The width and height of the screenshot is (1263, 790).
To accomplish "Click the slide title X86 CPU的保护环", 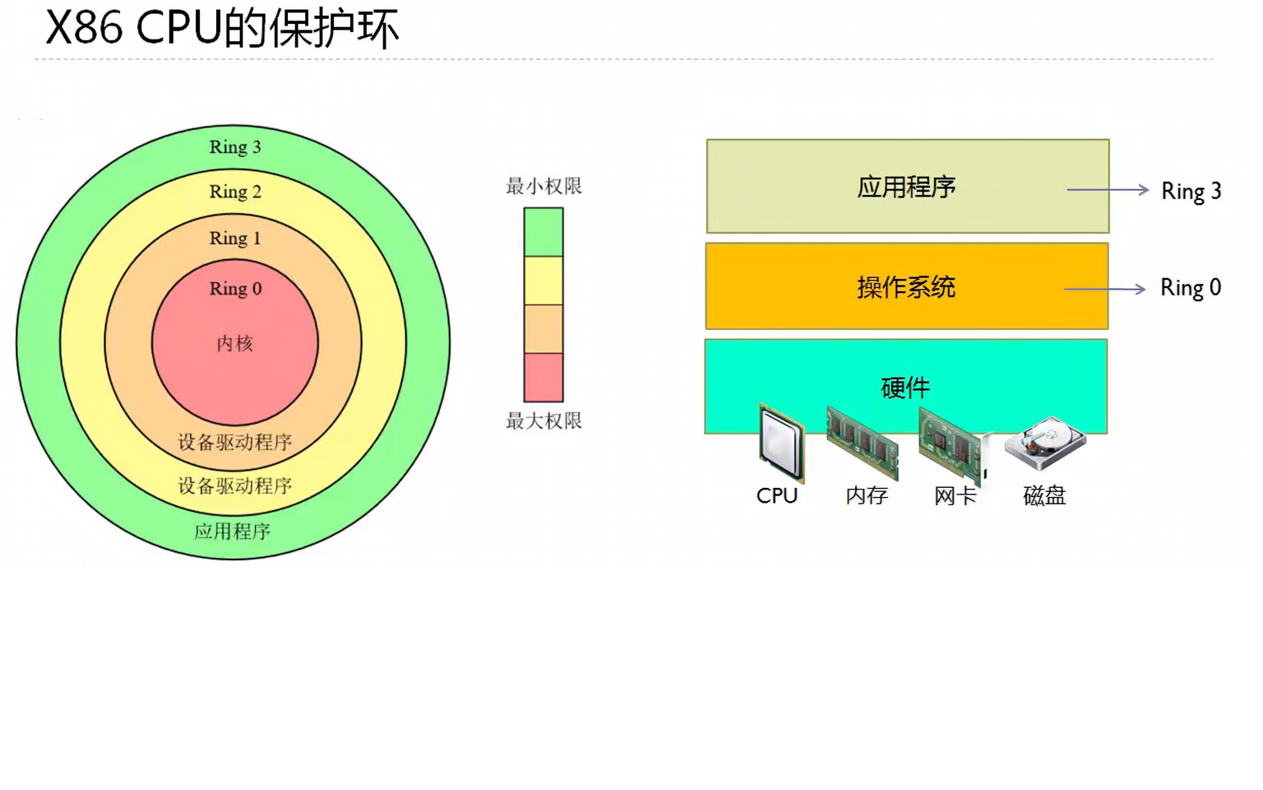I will [222, 28].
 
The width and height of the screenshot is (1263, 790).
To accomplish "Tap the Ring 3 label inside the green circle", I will [235, 147].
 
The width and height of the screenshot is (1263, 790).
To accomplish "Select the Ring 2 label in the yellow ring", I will [235, 192].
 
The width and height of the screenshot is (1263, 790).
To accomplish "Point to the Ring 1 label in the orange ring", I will [235, 239].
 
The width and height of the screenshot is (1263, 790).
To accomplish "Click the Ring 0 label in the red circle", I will [235, 289].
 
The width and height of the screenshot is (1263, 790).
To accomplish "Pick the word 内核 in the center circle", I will [235, 344].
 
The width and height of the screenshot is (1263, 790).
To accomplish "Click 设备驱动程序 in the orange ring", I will [235, 443].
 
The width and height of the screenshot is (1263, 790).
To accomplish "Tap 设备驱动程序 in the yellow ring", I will [235, 486].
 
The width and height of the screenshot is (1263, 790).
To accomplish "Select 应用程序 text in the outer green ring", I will [233, 532].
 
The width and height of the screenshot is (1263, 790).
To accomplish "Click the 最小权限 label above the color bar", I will [544, 187].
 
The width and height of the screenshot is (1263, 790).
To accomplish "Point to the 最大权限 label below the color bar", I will [544, 421].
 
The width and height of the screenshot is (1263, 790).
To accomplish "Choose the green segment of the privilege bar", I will [544, 232].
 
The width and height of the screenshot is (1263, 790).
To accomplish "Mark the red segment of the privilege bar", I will [544, 378].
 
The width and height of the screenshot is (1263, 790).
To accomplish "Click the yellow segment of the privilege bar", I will [544, 281].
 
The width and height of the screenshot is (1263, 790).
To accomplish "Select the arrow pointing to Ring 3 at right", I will [1108, 190].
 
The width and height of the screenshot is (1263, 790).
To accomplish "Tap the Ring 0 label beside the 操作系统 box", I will [1190, 288].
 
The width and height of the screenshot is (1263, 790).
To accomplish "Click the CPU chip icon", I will [780, 443].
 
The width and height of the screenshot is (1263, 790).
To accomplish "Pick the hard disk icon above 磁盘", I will [1046, 443].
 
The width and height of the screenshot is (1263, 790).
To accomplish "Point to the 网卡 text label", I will [955, 496].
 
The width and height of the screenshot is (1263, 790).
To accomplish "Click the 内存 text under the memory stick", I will [867, 496].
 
